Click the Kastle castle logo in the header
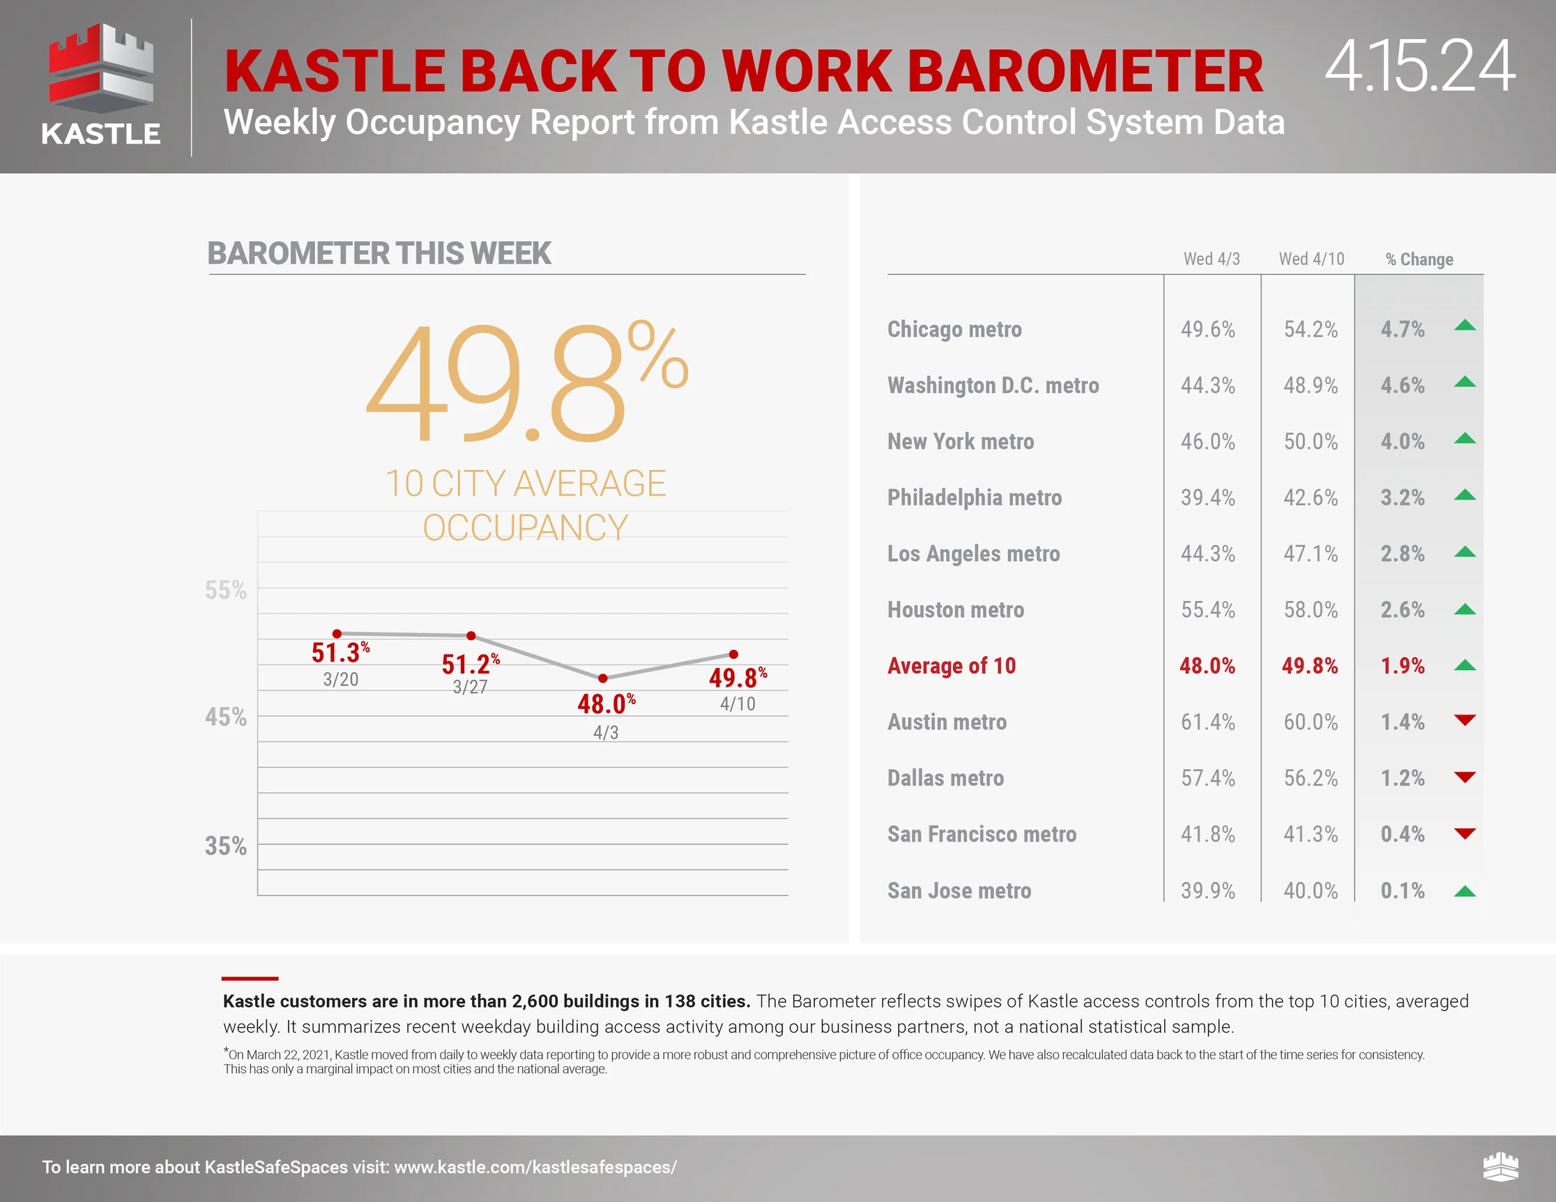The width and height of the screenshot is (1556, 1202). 100,84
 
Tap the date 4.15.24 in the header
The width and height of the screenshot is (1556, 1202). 1419,66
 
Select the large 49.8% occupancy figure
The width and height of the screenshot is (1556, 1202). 526,381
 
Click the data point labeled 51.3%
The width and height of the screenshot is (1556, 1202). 337,633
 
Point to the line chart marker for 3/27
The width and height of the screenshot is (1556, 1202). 471,636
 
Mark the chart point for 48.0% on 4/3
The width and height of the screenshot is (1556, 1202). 603,678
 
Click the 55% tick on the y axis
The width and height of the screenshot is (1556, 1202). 226,590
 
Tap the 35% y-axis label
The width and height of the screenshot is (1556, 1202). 226,846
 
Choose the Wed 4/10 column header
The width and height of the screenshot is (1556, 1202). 1311,259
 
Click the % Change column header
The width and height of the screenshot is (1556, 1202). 1419,259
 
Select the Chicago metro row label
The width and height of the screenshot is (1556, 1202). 954,329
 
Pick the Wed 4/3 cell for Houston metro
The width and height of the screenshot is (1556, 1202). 1207,610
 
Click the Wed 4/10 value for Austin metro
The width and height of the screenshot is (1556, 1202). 1311,722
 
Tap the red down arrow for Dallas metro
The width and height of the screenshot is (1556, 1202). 1465,777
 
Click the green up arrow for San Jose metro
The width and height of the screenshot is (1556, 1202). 1465,890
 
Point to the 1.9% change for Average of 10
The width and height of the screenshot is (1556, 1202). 1403,665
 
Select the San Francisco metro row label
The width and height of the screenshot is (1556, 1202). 982,835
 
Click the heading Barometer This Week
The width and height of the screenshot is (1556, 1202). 379,253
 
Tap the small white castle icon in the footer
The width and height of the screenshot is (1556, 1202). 1500,1166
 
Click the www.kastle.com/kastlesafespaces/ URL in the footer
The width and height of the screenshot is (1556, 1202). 535,1167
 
